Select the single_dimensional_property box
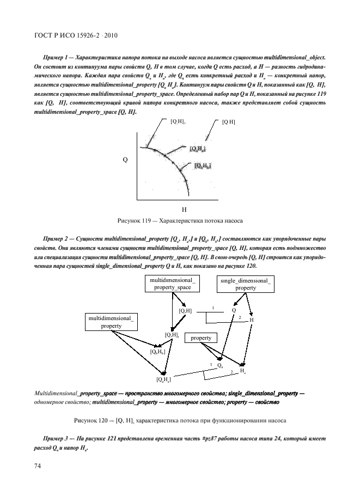point(246,284)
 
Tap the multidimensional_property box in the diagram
point(111,321)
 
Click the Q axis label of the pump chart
point(126,161)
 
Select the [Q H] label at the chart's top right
point(228,122)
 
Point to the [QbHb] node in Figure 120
point(158,352)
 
